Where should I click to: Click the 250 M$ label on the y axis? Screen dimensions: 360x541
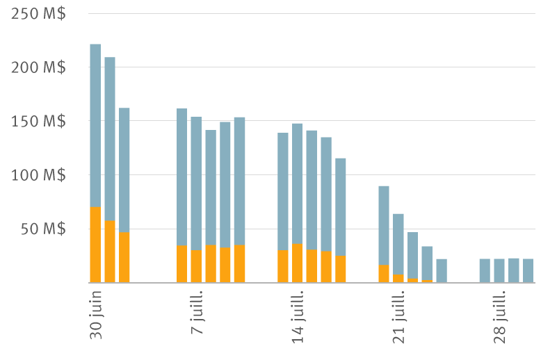click(x=39, y=14)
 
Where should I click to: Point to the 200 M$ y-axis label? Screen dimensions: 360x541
click(x=39, y=67)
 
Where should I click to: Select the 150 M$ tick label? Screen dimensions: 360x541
click(x=39, y=122)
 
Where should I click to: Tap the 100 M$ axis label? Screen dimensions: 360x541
click(x=39, y=175)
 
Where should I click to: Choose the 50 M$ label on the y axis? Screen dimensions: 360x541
click(x=43, y=229)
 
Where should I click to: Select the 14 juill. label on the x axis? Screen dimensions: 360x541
click(x=298, y=313)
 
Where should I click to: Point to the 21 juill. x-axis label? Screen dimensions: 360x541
click(x=398, y=313)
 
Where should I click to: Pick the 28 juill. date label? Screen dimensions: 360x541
click(x=499, y=313)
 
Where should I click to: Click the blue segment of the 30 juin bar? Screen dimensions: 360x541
click(x=95, y=125)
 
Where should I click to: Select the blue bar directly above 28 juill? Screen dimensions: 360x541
click(x=499, y=271)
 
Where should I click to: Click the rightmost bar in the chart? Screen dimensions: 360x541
click(x=528, y=271)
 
